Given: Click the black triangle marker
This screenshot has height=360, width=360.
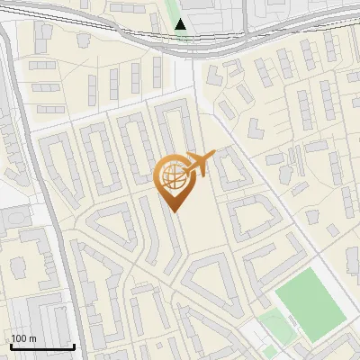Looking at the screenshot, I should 181,24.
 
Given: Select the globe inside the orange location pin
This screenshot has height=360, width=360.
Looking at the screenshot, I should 172,175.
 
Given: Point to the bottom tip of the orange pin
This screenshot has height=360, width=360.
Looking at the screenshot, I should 173,211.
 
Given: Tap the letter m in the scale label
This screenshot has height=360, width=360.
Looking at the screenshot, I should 34,338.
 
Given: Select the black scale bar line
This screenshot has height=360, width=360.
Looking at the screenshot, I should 41,346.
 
